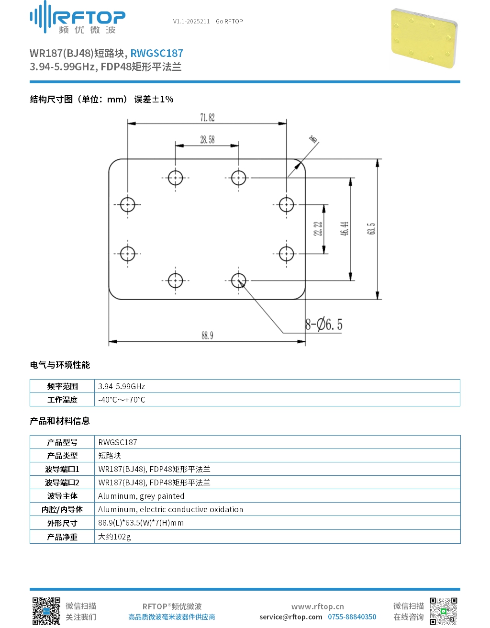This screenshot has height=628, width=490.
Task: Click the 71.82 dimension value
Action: pos(207,118)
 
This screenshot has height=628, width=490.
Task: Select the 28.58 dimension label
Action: pos(207,140)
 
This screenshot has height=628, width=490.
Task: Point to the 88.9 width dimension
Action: pos(207,336)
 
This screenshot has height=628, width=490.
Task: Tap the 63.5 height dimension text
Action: pos(371,229)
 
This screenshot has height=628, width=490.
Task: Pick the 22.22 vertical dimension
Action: pos(318,229)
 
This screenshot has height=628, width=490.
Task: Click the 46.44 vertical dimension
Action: pos(345,229)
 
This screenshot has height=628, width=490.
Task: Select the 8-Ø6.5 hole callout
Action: pos(323,324)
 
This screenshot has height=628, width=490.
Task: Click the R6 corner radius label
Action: pos(313,139)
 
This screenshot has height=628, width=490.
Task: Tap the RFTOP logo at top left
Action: pos(78,17)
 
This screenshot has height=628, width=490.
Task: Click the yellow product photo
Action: pos(423,38)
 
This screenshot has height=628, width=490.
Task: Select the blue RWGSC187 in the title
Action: pos(156,53)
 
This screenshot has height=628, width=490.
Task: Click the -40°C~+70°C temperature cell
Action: pos(122,400)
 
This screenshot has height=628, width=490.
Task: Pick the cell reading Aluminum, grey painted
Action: pos(141,496)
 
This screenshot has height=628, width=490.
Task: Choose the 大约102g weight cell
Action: pos(114,537)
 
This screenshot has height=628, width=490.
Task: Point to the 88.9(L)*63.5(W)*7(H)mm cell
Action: pos(141,523)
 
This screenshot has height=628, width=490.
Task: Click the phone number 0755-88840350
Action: pos(352,617)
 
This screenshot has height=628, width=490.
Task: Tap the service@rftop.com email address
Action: pos(290,617)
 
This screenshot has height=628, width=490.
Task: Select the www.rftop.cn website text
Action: pos(318,606)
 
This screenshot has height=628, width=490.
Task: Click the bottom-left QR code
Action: pos(46,611)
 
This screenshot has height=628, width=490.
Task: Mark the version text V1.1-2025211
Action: pos(191,22)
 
